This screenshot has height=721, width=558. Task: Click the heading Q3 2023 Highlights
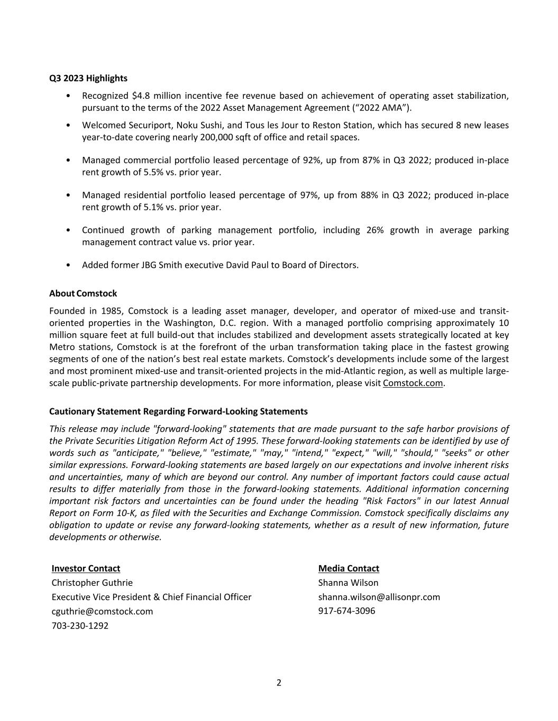pyautogui.click(x=88, y=78)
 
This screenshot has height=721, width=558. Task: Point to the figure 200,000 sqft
pyautogui.click(x=228, y=137)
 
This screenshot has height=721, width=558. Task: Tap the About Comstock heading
pyautogui.click(x=83, y=293)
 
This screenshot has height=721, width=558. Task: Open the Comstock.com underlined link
pyautogui.click(x=413, y=383)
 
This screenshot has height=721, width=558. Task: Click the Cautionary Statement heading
pyautogui.click(x=178, y=411)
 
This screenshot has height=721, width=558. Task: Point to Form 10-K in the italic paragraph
pyautogui.click(x=114, y=513)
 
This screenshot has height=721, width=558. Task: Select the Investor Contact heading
pyautogui.click(x=86, y=568)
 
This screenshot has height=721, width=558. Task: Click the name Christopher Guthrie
pyautogui.click(x=92, y=583)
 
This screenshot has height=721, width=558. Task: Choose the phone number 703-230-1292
pyautogui.click(x=80, y=625)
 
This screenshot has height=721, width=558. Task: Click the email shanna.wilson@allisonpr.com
pyautogui.click(x=379, y=597)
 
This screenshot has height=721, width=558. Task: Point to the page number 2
pyautogui.click(x=279, y=682)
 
